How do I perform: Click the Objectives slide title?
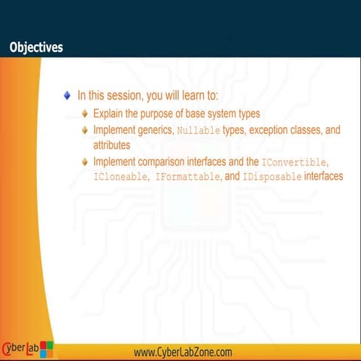(x=35, y=47)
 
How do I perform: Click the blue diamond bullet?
(x=67, y=96)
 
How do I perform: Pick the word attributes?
(x=112, y=144)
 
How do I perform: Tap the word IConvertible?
(x=295, y=162)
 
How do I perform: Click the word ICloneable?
(x=120, y=177)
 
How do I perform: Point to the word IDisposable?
(x=272, y=177)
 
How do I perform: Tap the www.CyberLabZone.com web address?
(x=183, y=352)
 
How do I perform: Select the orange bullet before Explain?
(x=85, y=114)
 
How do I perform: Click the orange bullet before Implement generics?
(x=85, y=130)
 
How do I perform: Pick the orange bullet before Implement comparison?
(x=85, y=162)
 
